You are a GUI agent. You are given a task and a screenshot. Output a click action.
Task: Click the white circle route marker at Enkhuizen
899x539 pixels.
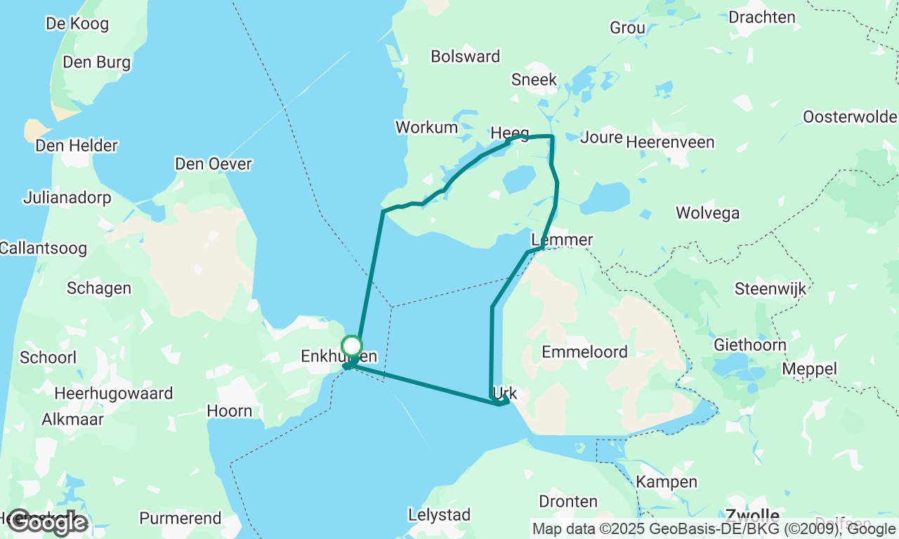[x=351, y=346]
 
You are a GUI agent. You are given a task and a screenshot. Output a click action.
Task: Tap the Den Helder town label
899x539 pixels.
[x=77, y=146]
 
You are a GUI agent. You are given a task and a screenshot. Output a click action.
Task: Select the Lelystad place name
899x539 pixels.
[x=439, y=514]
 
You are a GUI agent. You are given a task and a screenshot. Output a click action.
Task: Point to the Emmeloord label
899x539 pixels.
[x=584, y=352]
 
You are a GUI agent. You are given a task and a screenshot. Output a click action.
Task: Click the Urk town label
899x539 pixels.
[x=506, y=394]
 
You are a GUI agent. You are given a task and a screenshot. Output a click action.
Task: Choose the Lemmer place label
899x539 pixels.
[x=563, y=240]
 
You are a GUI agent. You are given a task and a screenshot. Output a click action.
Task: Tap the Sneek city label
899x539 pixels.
[x=534, y=79]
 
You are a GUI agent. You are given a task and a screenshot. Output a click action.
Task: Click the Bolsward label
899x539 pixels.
[x=466, y=56]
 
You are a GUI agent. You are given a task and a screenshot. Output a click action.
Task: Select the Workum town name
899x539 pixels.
[x=427, y=127]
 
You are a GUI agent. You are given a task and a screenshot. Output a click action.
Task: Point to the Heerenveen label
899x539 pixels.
[x=670, y=142]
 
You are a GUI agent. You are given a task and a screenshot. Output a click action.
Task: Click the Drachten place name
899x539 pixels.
[x=762, y=17]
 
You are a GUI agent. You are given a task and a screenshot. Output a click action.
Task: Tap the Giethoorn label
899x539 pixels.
[x=749, y=345]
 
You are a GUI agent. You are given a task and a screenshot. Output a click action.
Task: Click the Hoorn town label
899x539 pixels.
[x=230, y=411]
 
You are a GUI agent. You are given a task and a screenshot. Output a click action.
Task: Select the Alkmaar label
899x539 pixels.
[x=73, y=419]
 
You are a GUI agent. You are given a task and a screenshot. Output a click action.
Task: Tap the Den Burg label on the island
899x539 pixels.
[x=96, y=62]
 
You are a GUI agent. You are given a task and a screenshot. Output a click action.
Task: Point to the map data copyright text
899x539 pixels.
[x=714, y=529]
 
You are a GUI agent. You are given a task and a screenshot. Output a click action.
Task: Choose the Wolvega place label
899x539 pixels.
[x=707, y=213]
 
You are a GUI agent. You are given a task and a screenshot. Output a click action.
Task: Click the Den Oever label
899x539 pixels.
[x=213, y=164]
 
